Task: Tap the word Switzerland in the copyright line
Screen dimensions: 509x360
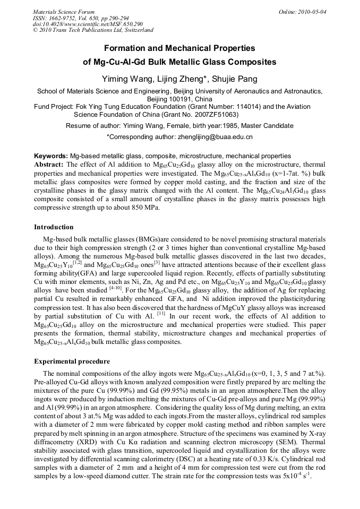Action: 135,30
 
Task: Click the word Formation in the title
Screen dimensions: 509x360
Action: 125,48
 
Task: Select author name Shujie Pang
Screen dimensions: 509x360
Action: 235,79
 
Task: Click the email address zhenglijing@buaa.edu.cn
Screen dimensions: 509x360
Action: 214,137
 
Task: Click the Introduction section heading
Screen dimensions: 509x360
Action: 54,227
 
